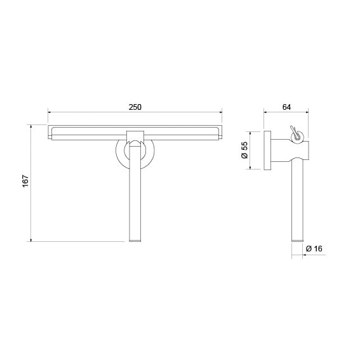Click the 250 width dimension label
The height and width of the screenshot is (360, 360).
pos(135,107)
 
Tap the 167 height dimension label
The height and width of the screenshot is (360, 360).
pos(25,181)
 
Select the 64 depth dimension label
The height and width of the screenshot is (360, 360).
pos(286,107)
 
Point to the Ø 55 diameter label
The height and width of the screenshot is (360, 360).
pos(244,150)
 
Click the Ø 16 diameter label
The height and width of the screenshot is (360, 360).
pos(314,248)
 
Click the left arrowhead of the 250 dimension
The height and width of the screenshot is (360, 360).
pos(50,112)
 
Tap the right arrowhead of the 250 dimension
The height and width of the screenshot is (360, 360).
pos(221,112)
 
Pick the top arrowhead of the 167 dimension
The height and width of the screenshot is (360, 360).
pos(30,126)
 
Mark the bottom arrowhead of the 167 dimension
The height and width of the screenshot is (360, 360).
pos(30,240)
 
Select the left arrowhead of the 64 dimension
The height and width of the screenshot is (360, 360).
pos(265,112)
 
